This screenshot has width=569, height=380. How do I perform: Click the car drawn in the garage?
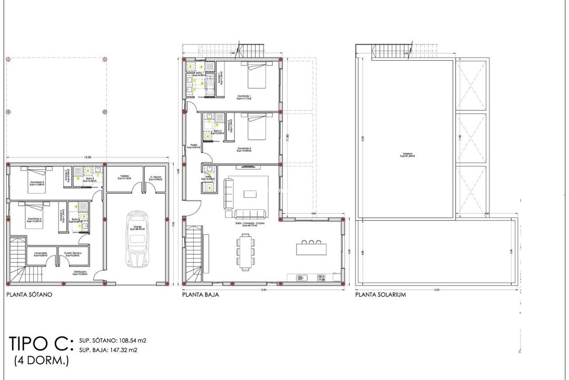136,239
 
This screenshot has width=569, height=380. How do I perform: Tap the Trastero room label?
125,178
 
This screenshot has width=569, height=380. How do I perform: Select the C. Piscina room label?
155,178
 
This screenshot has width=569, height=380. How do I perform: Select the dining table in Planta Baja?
245,252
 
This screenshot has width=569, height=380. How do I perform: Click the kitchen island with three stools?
311,248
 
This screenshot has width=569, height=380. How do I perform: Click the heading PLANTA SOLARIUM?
380,296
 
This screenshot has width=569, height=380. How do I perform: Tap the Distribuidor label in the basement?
80,274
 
